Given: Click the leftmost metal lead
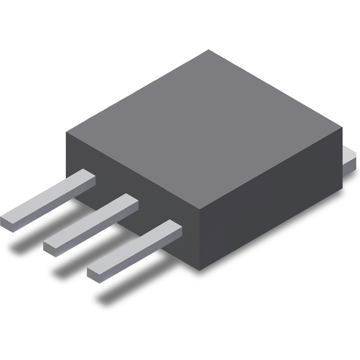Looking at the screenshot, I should (49, 200).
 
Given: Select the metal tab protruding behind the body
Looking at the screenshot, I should (350, 161).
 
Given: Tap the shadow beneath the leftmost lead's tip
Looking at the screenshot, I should (20, 245).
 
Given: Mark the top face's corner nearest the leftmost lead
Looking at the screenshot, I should (67, 132).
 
